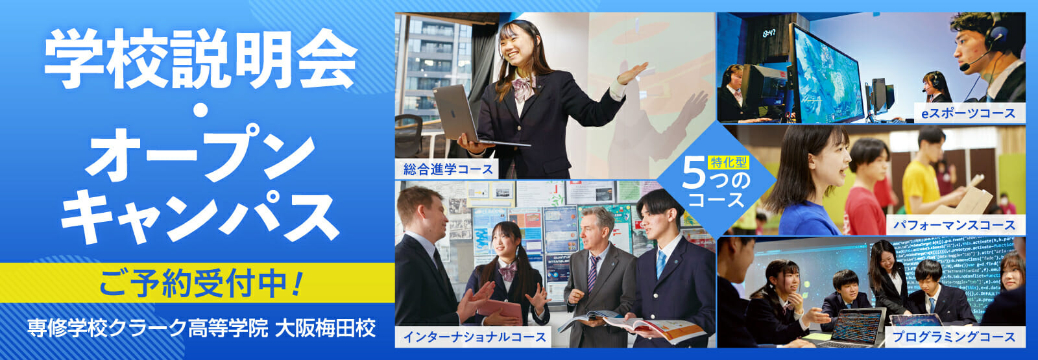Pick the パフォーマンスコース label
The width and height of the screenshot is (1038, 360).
[954, 225]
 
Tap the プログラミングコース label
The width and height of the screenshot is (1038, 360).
[954, 337]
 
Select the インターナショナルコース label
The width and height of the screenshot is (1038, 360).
[474, 337]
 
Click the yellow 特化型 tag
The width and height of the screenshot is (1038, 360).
[729, 162]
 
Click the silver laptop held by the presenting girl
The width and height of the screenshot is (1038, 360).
[468, 116]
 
